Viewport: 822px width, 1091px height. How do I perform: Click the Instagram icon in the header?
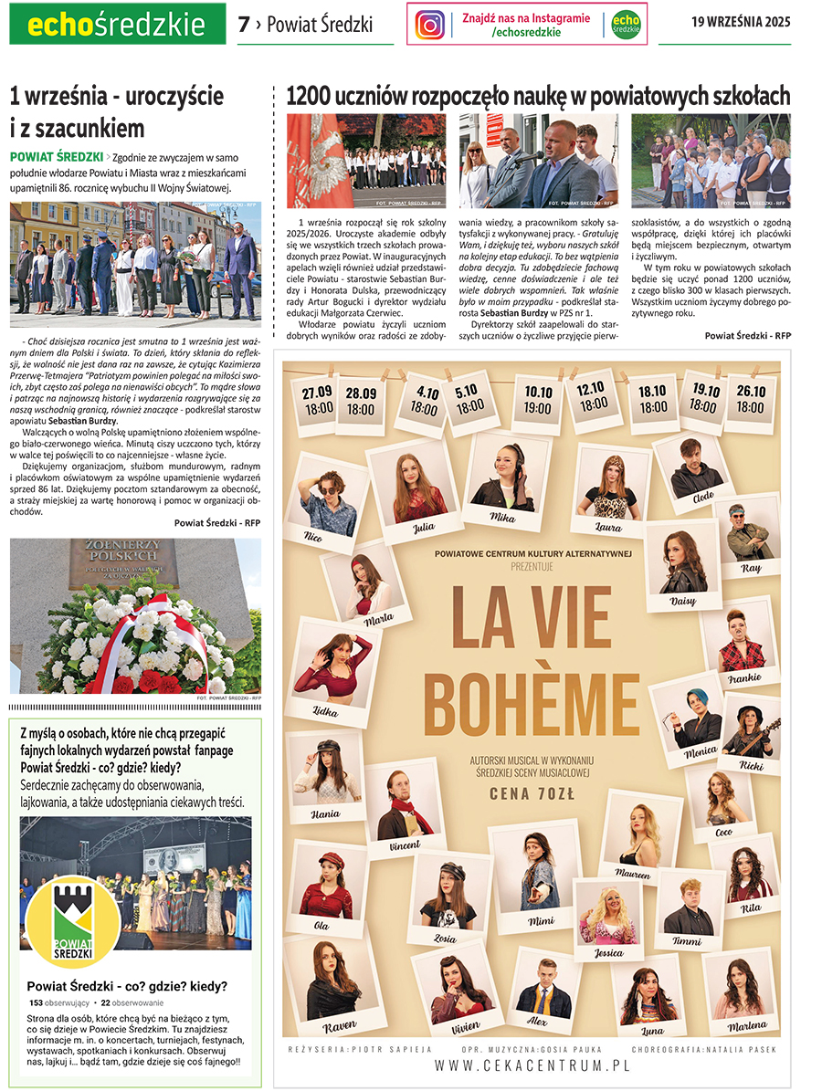[430, 25]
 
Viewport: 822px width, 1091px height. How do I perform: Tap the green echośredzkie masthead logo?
[117, 25]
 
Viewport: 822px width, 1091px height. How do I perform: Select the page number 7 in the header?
[243, 25]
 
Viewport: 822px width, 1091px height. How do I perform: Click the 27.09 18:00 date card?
[318, 401]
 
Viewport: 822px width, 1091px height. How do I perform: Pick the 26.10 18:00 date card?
[751, 401]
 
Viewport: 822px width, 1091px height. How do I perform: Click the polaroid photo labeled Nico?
[327, 501]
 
